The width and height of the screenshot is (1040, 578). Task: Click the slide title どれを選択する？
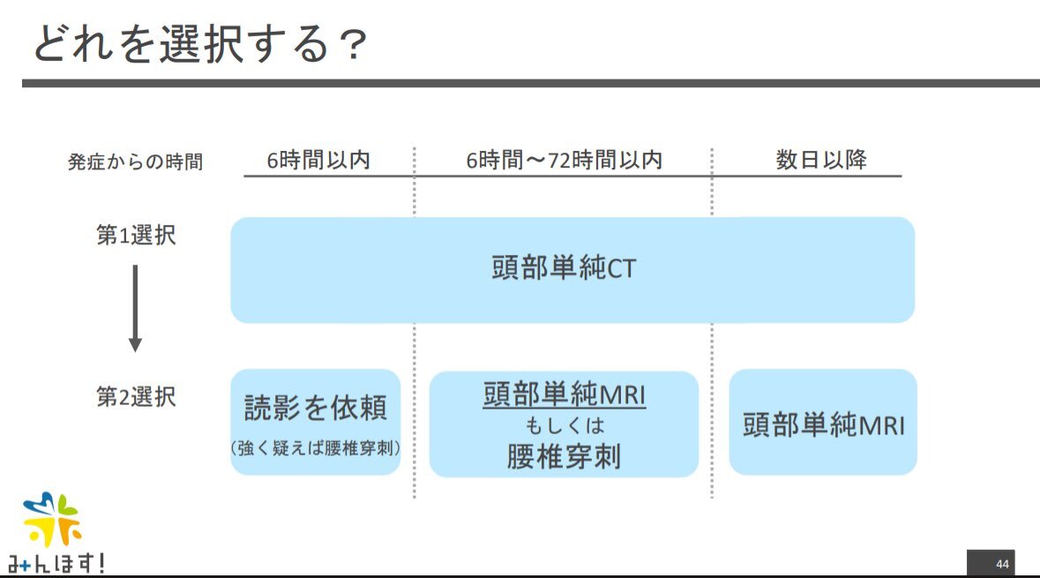coord(199,44)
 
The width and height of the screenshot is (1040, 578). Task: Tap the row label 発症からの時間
coord(135,161)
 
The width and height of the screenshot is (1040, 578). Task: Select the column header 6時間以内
coord(318,160)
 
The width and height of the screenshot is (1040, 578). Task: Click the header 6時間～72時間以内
coord(564,160)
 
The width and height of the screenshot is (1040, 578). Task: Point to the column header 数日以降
coord(821,159)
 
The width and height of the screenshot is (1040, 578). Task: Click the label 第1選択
coord(136,235)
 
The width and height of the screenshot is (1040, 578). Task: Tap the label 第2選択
coord(136,397)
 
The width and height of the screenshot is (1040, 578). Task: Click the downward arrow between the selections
coord(135,308)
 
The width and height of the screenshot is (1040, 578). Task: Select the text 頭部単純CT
coord(564,268)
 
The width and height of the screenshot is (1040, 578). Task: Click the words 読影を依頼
coord(316,408)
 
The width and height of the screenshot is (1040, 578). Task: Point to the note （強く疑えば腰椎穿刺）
coord(316,448)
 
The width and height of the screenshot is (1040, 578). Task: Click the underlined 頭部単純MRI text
coord(565,394)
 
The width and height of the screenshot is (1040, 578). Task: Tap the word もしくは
coord(565,425)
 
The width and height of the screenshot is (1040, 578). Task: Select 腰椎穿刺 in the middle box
coord(565,456)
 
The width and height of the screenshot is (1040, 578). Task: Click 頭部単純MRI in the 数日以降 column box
coord(823,424)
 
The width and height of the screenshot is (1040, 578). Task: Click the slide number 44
coord(1002,564)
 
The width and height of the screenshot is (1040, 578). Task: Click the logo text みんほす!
coord(56,563)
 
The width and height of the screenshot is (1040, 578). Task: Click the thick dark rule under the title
coord(531,83)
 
